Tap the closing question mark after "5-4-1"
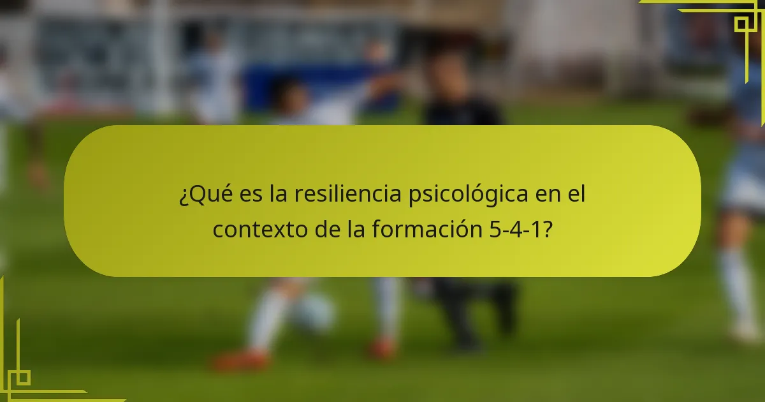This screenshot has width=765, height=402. (x=547, y=229)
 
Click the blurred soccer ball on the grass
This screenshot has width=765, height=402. (x=314, y=313)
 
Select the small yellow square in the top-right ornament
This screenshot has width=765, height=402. (x=741, y=24)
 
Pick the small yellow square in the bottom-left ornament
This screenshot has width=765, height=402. (x=23, y=378)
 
